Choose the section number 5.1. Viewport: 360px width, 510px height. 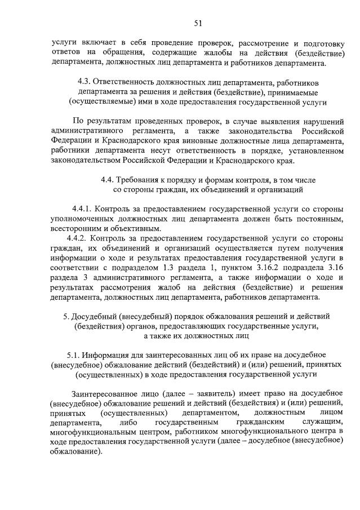click(73, 355)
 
